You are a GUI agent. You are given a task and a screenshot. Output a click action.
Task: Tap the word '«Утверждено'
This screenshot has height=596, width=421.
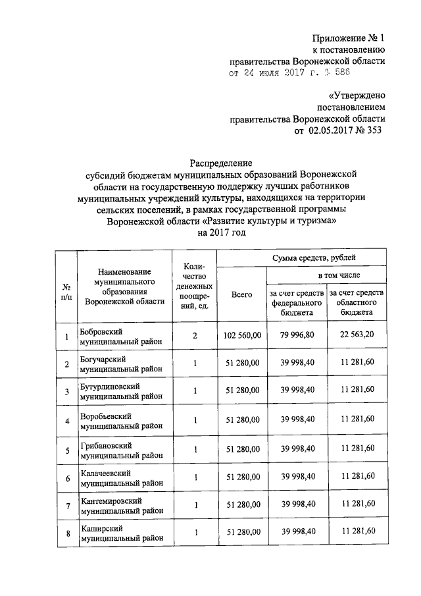tap(357, 95)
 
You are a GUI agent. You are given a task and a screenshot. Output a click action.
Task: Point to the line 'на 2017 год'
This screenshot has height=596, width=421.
tap(221, 233)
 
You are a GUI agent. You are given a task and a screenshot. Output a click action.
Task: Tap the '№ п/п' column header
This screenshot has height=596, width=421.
tap(66, 291)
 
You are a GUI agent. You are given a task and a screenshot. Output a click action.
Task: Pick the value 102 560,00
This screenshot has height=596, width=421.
tap(241, 335)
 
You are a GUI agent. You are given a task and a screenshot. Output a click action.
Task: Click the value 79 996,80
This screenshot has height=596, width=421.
tap(298, 335)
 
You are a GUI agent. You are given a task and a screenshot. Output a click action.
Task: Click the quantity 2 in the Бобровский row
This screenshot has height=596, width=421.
tap(195, 336)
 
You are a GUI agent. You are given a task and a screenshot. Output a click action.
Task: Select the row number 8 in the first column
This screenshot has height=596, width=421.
tap(66, 533)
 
